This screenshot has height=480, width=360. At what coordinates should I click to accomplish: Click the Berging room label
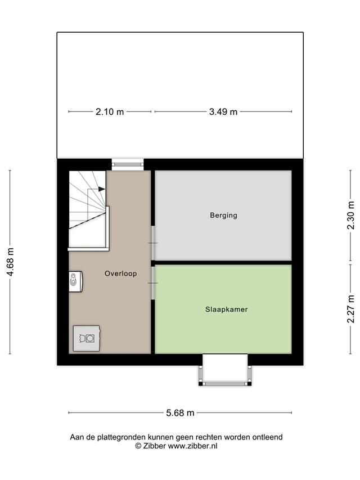(x=223, y=215)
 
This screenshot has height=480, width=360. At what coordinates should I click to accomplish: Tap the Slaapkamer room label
(x=226, y=309)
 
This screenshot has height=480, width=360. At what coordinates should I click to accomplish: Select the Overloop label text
(x=120, y=273)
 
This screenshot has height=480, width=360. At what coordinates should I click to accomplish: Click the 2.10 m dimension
(x=110, y=112)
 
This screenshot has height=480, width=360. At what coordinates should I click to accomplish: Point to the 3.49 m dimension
(x=223, y=112)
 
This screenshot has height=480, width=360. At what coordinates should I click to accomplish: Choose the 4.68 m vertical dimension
(x=10, y=262)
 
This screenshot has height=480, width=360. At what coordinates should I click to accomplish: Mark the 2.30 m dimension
(x=351, y=215)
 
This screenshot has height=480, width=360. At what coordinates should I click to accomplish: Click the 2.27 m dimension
(x=351, y=309)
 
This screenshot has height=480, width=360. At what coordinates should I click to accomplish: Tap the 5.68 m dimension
(x=180, y=412)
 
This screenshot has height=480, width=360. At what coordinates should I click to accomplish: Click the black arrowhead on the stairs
(x=102, y=189)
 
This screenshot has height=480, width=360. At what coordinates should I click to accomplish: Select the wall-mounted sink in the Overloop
(x=75, y=281)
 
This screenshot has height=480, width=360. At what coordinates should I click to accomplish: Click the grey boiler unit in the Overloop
(x=87, y=338)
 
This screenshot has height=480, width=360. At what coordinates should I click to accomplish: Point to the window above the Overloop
(x=128, y=164)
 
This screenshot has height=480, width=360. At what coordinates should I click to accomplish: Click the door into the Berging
(x=153, y=243)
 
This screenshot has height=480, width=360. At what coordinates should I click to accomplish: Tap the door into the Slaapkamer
(x=153, y=283)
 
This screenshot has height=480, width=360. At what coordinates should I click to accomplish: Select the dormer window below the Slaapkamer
(x=225, y=370)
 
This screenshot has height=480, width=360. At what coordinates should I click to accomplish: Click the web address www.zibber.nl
(x=192, y=446)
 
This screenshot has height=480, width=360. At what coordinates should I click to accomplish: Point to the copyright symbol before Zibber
(x=138, y=446)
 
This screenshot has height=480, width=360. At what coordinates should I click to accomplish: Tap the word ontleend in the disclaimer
(x=267, y=437)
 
